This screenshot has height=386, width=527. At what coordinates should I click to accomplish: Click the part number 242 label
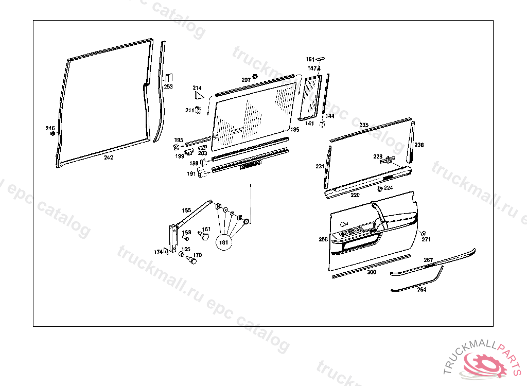(108, 157)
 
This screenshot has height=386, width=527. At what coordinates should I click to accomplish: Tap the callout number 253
(168, 86)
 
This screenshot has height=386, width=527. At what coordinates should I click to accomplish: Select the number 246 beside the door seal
(50, 128)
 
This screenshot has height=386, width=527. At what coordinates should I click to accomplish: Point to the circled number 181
(224, 241)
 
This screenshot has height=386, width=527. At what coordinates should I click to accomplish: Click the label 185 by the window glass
(294, 130)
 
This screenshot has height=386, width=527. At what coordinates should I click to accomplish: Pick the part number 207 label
(246, 80)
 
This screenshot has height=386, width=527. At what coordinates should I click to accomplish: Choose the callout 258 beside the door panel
(323, 239)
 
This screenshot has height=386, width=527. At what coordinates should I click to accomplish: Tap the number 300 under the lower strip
(371, 272)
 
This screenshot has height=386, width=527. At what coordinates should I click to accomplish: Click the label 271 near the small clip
(426, 239)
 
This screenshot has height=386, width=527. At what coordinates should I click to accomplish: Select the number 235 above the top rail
(364, 125)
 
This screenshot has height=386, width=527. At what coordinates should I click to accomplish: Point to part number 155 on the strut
(186, 210)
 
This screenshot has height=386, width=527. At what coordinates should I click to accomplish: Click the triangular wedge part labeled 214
(198, 95)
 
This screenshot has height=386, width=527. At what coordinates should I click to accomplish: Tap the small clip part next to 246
(52, 134)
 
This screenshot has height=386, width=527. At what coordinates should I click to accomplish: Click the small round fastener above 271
(423, 233)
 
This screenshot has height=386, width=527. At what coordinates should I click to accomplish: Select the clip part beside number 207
(255, 78)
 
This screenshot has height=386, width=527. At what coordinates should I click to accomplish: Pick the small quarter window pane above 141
(310, 98)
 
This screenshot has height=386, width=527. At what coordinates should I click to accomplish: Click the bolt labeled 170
(192, 260)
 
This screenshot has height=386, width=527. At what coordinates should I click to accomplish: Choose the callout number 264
(421, 289)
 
